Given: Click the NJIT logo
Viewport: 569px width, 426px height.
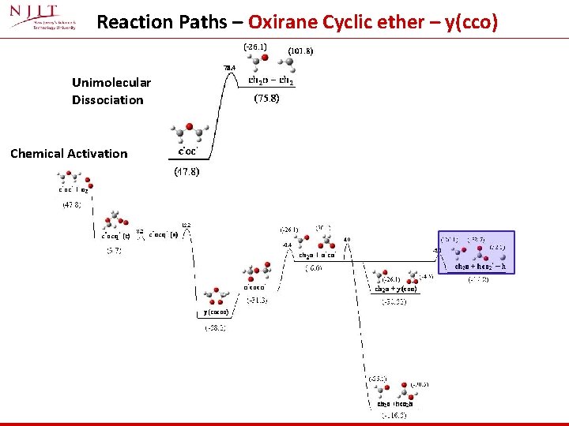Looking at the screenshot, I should click(x=44, y=21).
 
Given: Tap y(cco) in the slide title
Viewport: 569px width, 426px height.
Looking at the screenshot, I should click(x=472, y=22).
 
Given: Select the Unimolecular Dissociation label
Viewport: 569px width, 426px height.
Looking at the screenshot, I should click(x=111, y=91).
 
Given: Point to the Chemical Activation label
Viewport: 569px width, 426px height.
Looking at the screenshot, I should click(x=69, y=153).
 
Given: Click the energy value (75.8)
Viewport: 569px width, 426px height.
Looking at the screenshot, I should click(x=266, y=100).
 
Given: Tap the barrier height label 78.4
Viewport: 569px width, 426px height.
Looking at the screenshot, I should click(x=229, y=68).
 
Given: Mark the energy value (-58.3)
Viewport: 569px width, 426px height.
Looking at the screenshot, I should click(x=216, y=327).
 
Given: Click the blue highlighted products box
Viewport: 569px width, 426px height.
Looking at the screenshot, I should click(x=476, y=252).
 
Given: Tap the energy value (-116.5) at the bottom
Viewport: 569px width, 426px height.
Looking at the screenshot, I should click(x=393, y=415).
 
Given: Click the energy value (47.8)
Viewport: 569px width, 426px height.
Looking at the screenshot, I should click(x=72, y=204).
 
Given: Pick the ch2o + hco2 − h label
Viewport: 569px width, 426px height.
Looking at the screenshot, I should click(x=479, y=267).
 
